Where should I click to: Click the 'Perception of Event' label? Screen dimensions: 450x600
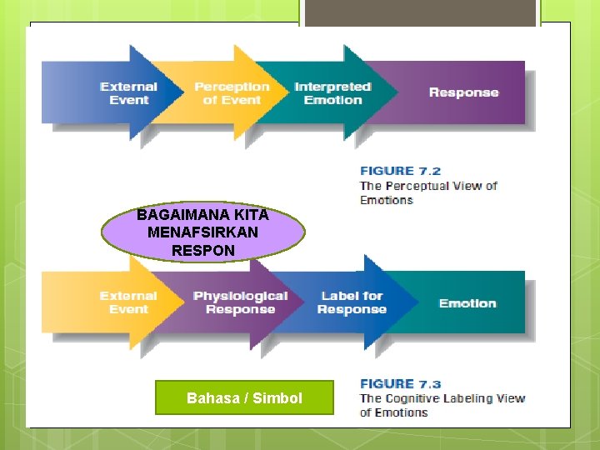pyautogui.click(x=232, y=93)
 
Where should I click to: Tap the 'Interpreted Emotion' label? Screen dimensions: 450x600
pyautogui.click(x=332, y=93)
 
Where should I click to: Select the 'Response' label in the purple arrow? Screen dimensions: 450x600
pyautogui.click(x=463, y=92)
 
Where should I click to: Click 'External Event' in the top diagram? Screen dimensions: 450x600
pyautogui.click(x=128, y=93)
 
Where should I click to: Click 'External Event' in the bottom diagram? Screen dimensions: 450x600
pyautogui.click(x=128, y=302)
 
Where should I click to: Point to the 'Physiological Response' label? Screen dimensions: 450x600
pyautogui.click(x=240, y=302)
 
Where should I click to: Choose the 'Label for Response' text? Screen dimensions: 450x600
pyautogui.click(x=352, y=302)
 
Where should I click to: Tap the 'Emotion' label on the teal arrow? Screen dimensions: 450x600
pyautogui.click(x=467, y=303)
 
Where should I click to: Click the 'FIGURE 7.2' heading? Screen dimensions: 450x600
pyautogui.click(x=400, y=171)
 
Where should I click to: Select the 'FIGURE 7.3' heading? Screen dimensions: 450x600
pyautogui.click(x=400, y=383)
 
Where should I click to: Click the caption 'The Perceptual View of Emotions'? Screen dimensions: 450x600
pyautogui.click(x=427, y=192)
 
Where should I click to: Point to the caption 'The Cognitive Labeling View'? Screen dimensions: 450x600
pyautogui.click(x=442, y=398)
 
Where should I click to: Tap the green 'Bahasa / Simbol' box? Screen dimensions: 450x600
pyautogui.click(x=244, y=398)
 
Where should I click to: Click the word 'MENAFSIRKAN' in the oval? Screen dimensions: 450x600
pyautogui.click(x=202, y=232)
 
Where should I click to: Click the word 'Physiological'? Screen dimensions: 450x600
pyautogui.click(x=240, y=296)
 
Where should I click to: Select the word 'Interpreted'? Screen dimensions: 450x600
pyautogui.click(x=332, y=87)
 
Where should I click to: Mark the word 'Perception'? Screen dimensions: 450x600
pyautogui.click(x=232, y=87)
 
